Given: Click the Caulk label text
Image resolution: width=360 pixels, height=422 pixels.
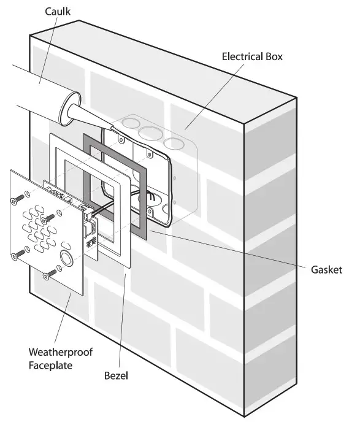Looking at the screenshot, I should click(57, 12).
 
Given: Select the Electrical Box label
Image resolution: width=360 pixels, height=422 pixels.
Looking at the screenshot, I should click(252, 57).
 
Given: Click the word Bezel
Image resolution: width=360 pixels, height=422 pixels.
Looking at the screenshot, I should click(115, 373).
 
